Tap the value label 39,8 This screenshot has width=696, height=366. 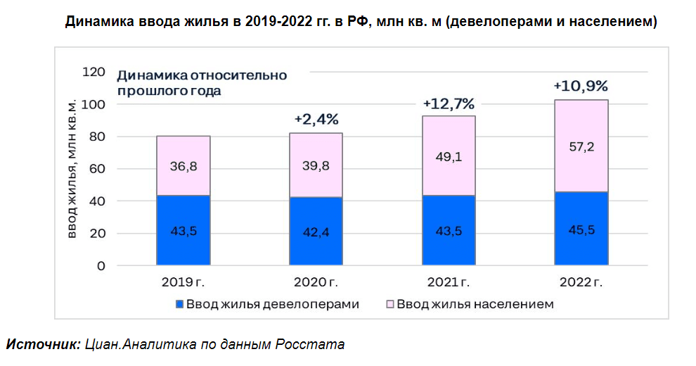316,165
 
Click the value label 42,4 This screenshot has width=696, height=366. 316,232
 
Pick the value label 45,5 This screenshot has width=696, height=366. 581,229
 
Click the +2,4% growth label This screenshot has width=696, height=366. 316,119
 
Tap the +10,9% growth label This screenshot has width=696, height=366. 581,86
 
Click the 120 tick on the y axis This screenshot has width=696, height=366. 94,72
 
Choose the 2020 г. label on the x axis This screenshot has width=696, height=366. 316,283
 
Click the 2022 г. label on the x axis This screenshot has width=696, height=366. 581,283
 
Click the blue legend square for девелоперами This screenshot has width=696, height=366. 179,305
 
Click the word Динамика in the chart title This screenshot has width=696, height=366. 97,22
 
